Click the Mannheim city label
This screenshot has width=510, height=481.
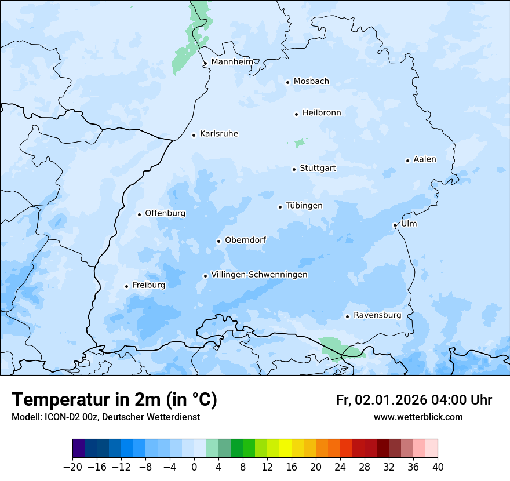click(232, 61)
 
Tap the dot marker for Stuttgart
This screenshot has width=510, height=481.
click(294, 169)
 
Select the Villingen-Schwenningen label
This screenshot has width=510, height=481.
click(259, 275)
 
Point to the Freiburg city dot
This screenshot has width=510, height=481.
click(126, 286)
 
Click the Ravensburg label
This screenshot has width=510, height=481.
click(377, 315)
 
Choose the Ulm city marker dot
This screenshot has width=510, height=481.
click(395, 225)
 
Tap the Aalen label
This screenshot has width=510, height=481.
click(425, 159)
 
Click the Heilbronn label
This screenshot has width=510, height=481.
click(322, 113)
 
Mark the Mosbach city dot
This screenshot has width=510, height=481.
click(287, 82)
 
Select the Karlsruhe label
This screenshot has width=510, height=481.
click(218, 134)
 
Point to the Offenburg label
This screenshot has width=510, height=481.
click(165, 213)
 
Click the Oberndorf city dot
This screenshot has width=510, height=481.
click(218, 241)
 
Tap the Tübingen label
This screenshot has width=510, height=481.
click(304, 206)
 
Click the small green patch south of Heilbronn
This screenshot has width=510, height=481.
click(300, 143)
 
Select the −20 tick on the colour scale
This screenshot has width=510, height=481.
click(72, 467)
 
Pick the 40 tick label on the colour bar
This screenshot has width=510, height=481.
click(438, 467)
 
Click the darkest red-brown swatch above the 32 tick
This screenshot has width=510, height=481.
click(382, 449)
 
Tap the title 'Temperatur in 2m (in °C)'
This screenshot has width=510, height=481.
click(114, 399)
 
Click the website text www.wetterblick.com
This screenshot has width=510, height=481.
click(418, 417)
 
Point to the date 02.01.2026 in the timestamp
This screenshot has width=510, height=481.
click(391, 400)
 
